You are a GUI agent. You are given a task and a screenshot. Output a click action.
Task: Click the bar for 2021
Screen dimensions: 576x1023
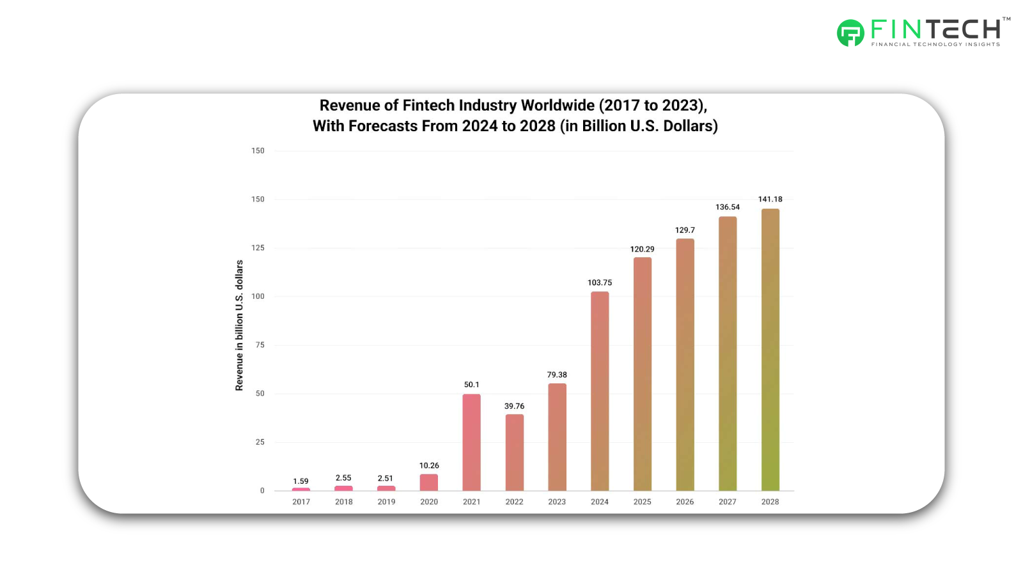click(471, 442)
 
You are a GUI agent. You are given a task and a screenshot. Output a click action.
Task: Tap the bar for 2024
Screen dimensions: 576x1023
click(599, 391)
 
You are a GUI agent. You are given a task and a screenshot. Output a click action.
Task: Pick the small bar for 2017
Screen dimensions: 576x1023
click(301, 489)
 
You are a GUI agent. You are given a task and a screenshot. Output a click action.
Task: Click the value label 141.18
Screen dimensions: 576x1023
click(770, 199)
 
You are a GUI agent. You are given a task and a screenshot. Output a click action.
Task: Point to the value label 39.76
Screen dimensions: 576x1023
click(514, 406)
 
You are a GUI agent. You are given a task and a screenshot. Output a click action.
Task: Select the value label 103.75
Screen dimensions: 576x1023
click(599, 282)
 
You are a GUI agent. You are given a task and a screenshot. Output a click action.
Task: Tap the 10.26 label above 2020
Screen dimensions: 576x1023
click(429, 465)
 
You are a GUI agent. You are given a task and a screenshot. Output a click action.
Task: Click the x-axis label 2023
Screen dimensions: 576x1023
click(556, 502)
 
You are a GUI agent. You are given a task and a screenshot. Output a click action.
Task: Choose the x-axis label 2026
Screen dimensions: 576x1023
click(684, 502)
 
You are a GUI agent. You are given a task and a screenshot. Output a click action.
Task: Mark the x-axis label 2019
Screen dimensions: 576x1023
click(386, 502)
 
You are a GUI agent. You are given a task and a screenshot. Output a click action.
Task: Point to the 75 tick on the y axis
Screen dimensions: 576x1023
click(260, 345)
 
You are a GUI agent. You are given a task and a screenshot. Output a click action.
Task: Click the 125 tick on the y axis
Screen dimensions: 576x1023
click(258, 248)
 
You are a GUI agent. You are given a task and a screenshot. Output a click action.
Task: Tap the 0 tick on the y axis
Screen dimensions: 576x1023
click(262, 491)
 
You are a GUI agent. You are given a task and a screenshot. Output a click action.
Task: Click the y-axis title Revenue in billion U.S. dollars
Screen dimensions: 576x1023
click(239, 325)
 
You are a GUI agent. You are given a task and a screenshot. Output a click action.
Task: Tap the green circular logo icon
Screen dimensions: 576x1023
click(850, 33)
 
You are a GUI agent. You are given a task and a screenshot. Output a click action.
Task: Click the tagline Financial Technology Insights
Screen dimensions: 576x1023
click(935, 44)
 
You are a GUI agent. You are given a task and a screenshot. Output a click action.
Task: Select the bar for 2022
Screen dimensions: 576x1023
click(514, 452)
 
